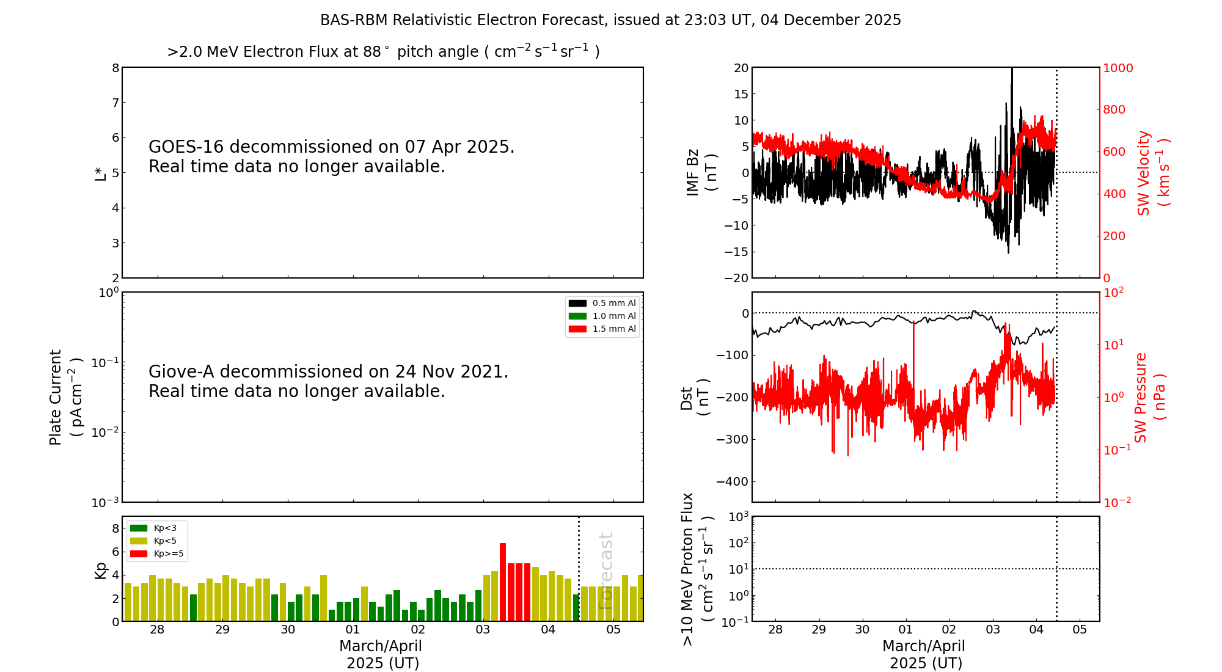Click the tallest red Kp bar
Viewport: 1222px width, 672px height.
click(503, 582)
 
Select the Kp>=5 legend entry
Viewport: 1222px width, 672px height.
click(157, 554)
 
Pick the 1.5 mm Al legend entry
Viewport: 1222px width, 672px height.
click(602, 329)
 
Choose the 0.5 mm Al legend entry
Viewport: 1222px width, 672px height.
click(602, 303)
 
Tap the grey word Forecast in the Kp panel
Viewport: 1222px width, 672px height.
click(606, 571)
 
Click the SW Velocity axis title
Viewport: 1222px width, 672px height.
click(1152, 173)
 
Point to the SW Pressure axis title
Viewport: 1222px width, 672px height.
click(1150, 398)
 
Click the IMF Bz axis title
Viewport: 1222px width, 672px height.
click(701, 172)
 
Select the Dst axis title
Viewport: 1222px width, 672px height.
click(695, 398)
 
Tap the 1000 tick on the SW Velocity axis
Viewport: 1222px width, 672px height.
click(1118, 68)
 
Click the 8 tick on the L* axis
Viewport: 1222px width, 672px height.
click(115, 68)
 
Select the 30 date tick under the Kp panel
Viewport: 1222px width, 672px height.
click(288, 630)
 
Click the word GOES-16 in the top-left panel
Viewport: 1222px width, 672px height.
click(186, 147)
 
